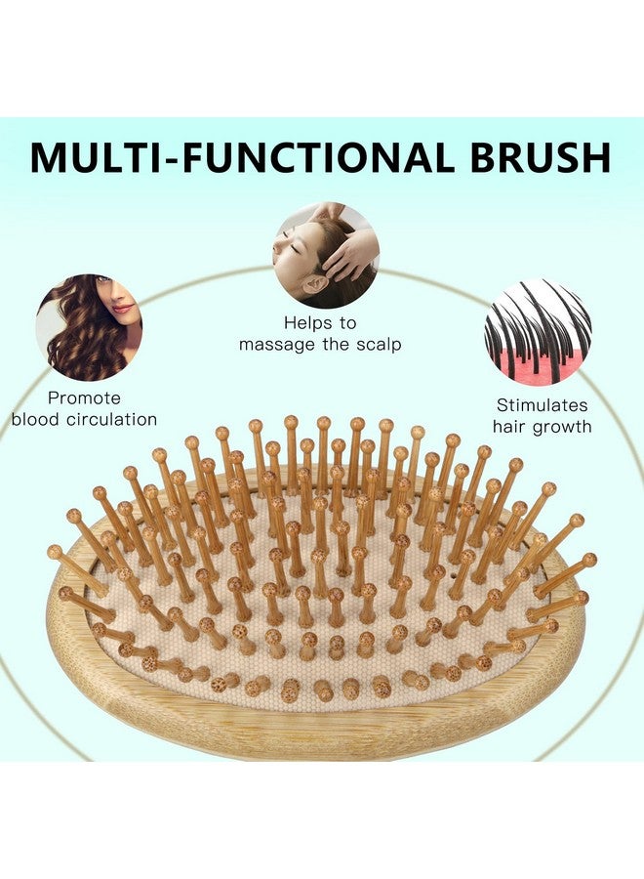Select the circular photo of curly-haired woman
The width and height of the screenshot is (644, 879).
89,326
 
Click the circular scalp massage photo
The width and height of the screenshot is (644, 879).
325,255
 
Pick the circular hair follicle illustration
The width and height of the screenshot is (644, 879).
538,332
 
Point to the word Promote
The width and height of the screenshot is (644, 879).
84,398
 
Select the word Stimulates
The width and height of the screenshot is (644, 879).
542,404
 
